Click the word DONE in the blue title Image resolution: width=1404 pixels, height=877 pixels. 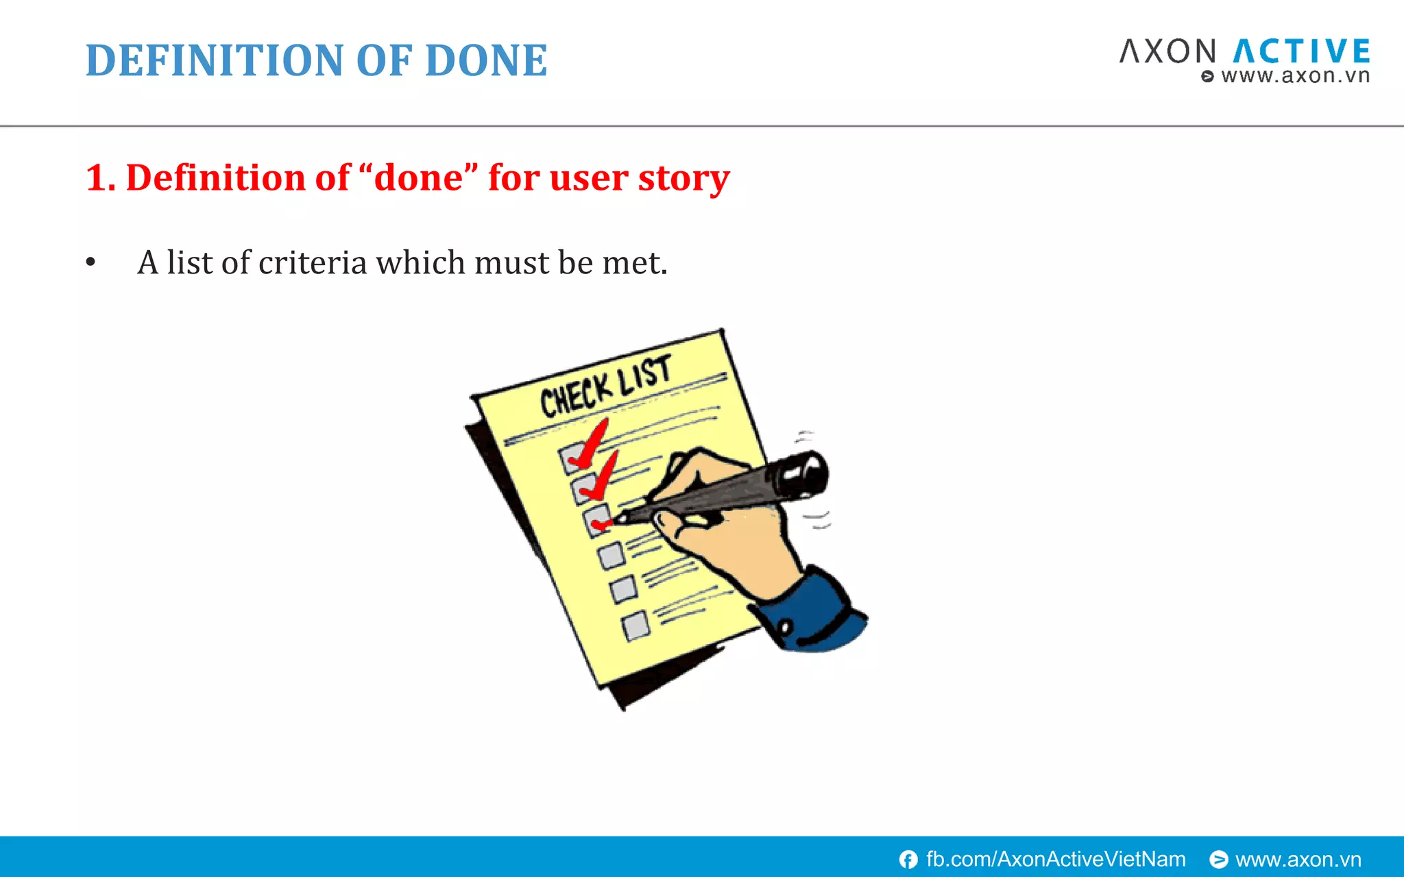pyautogui.click(x=485, y=60)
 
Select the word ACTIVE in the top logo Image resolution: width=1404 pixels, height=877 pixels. pyautogui.click(x=1302, y=52)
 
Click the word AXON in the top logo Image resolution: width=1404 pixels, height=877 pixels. pyautogui.click(x=1167, y=52)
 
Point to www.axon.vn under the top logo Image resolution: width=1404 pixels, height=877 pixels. pyautogui.click(x=1294, y=75)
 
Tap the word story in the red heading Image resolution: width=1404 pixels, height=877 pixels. pyautogui.click(x=683, y=177)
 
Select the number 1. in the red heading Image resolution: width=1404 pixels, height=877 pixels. pyautogui.click(x=100, y=177)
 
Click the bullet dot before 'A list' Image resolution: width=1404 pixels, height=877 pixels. pyautogui.click(x=90, y=263)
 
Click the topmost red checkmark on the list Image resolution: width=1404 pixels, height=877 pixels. pyautogui.click(x=588, y=445)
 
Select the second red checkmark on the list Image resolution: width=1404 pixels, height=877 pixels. pyautogui.click(x=600, y=478)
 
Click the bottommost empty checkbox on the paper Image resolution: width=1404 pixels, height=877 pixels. pyautogui.click(x=636, y=626)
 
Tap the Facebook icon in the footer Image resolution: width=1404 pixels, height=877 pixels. pyautogui.click(x=908, y=859)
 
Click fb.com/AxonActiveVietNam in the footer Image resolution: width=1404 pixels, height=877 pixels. pyautogui.click(x=1055, y=859)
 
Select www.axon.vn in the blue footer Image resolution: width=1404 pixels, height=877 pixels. pyautogui.click(x=1298, y=859)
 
